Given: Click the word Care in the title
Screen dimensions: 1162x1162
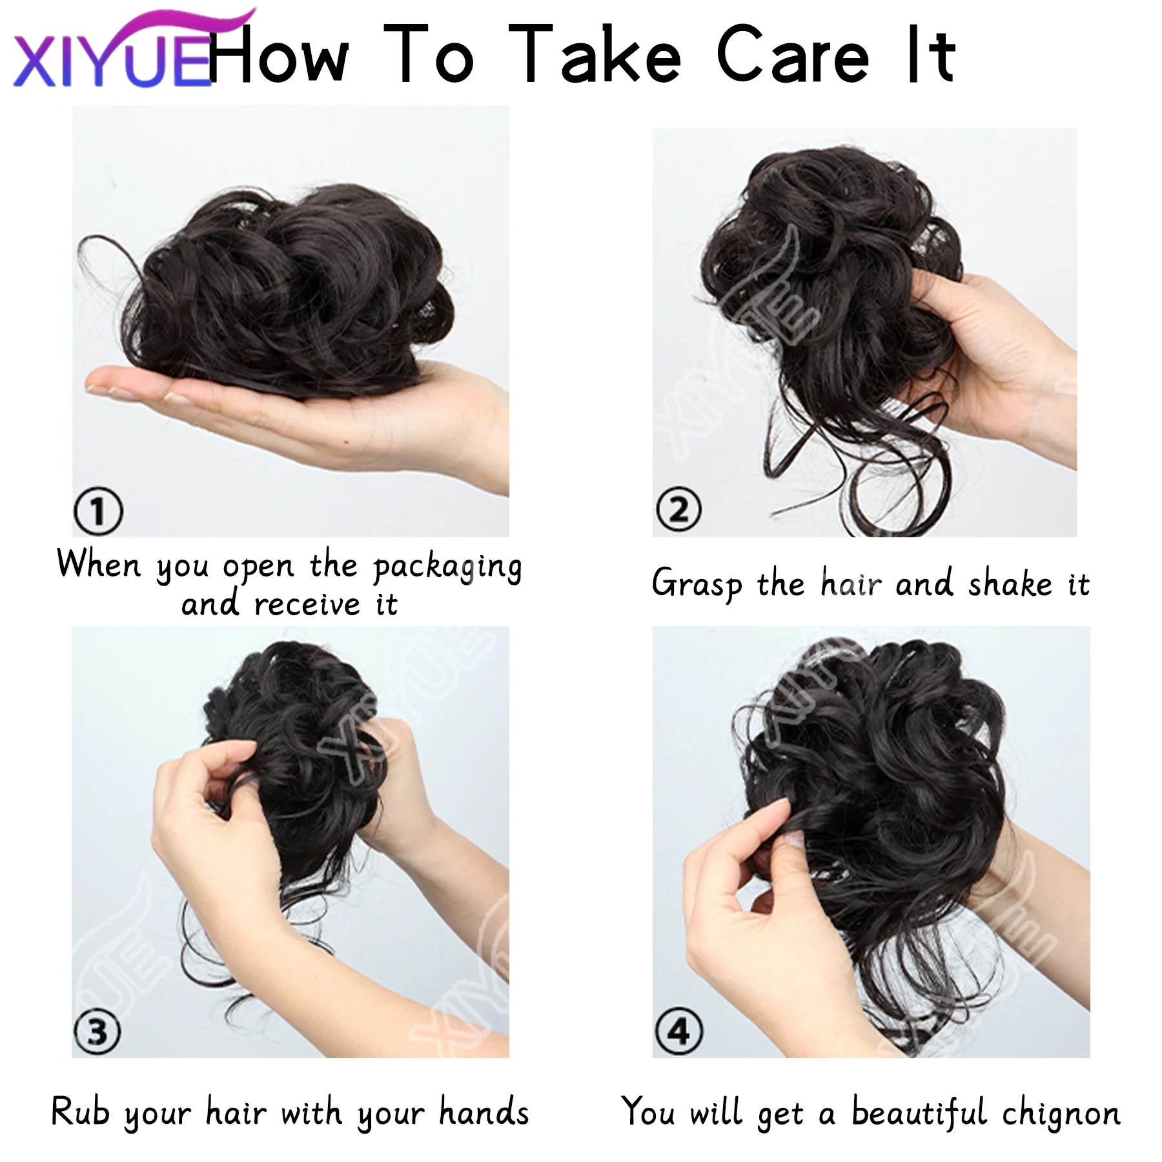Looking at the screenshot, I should pyautogui.click(x=793, y=57).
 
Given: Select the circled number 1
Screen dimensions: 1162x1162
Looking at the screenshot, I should pyautogui.click(x=97, y=511).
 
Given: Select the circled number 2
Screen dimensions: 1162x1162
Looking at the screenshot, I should pyautogui.click(x=678, y=510).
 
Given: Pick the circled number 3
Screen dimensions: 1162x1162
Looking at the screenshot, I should pyautogui.click(x=97, y=1032).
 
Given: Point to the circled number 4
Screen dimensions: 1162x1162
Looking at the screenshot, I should pyautogui.click(x=678, y=1032).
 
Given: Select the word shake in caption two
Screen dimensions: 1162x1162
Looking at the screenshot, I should pyautogui.click(x=1010, y=584).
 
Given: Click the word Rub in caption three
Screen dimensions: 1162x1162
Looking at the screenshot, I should pyautogui.click(x=80, y=1112).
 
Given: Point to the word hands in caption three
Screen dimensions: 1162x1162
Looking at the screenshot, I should pyautogui.click(x=484, y=1112).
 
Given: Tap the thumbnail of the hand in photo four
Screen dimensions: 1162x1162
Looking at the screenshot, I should pyautogui.click(x=791, y=839).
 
